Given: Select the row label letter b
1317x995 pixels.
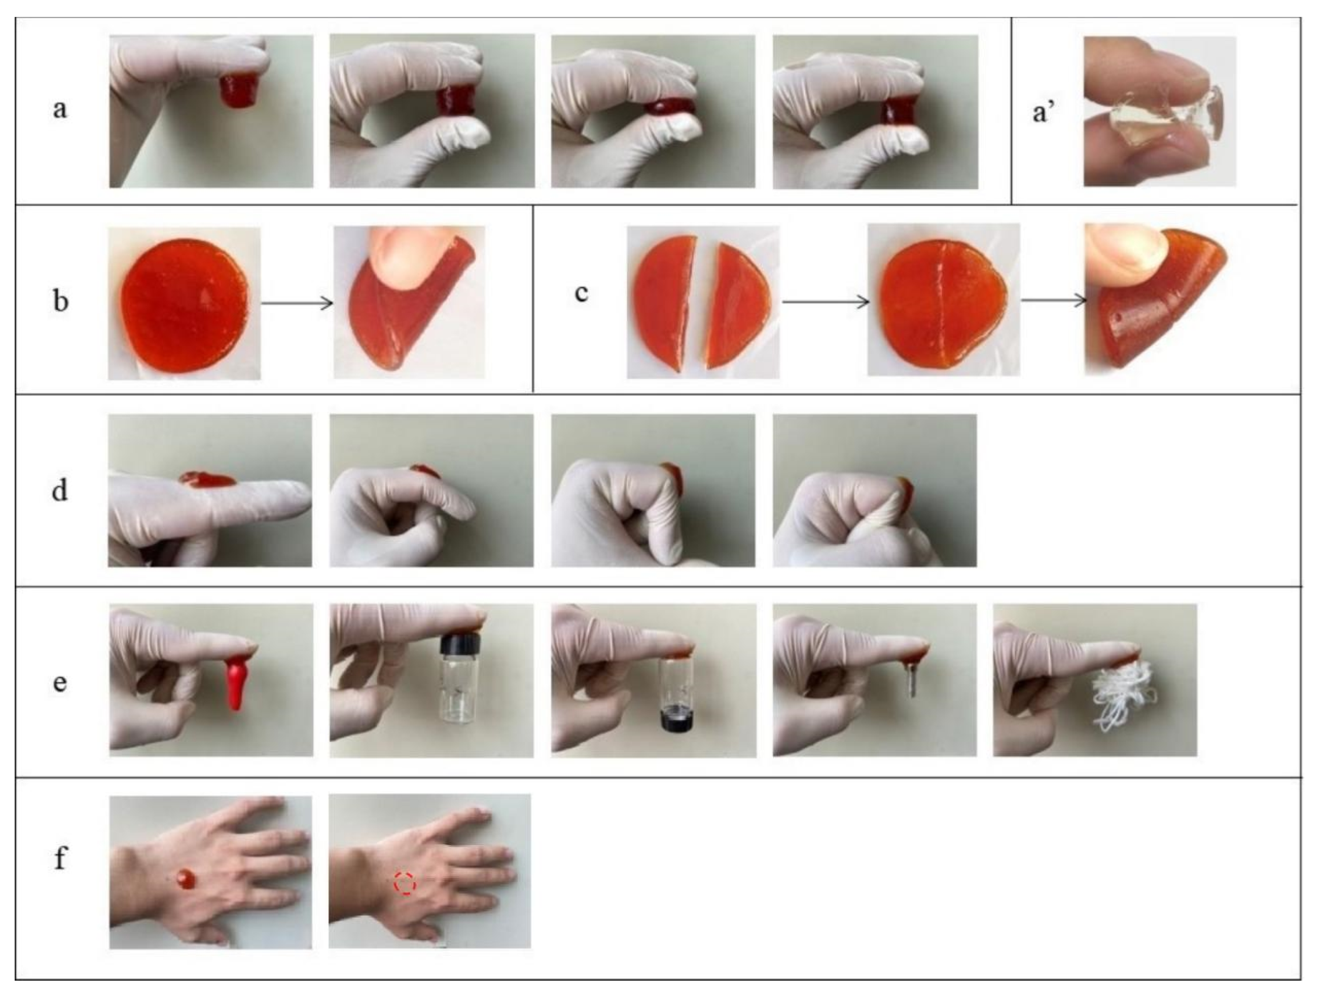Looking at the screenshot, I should click(x=60, y=300).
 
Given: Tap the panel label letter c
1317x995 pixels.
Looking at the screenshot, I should click(x=581, y=293).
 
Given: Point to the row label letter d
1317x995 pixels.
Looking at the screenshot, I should click(x=59, y=490).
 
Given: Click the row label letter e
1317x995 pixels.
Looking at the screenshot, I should click(x=59, y=682).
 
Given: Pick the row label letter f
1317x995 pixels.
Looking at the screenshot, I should click(x=59, y=859).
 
